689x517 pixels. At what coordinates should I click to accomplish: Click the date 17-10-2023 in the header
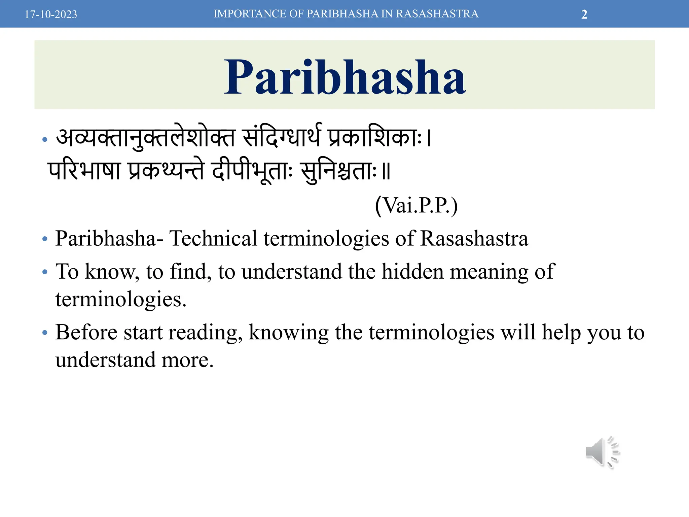[51, 14]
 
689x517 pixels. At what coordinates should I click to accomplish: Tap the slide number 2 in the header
[584, 14]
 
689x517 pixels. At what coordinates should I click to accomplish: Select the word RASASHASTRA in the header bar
[437, 14]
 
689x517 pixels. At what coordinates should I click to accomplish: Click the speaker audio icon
[602, 452]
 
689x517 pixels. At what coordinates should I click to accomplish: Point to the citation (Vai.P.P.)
[416, 205]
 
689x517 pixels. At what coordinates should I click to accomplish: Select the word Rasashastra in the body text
[474, 238]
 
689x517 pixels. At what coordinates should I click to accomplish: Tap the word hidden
[412, 271]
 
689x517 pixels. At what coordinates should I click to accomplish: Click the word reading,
[205, 333]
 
